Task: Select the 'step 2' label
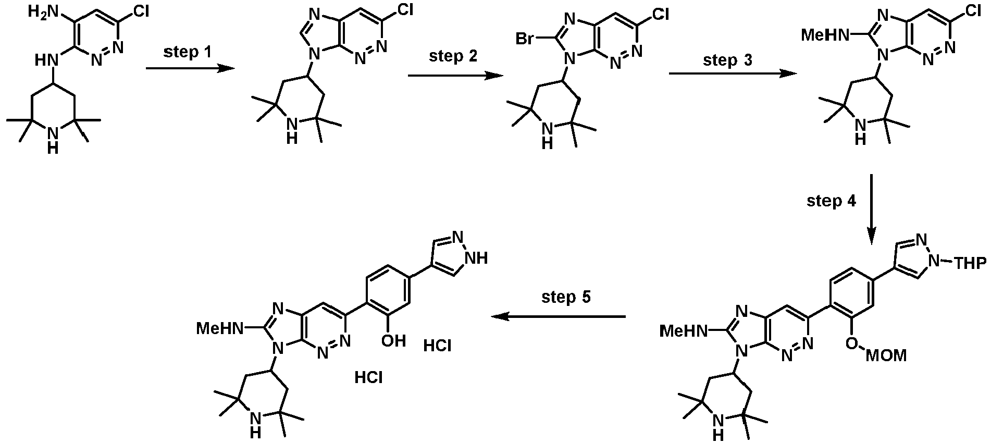coord(453,56)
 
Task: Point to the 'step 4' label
coord(831,201)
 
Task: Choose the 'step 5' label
coord(566,297)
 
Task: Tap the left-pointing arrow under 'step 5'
coord(559,316)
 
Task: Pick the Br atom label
coord(525,38)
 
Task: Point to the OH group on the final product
coord(393,341)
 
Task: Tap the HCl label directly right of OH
coord(438,346)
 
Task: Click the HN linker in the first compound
coord(46,61)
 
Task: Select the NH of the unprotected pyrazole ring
coord(477,257)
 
